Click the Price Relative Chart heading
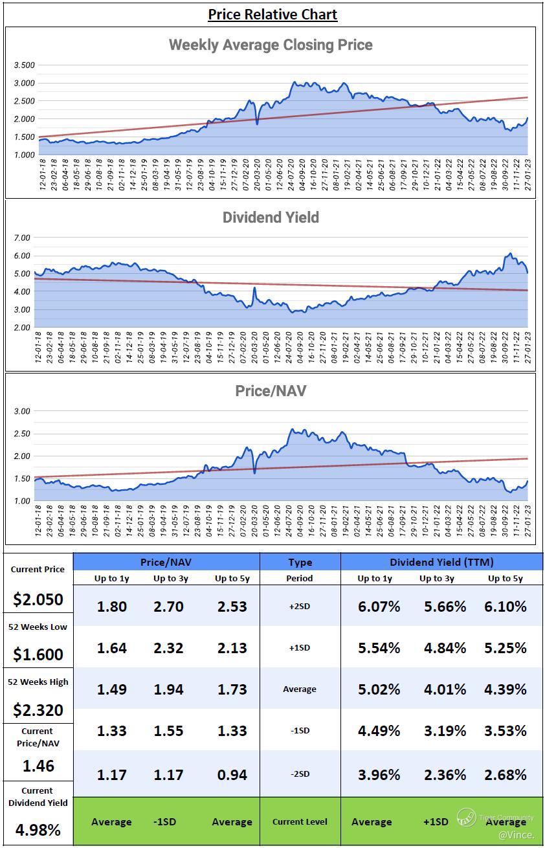(272, 14)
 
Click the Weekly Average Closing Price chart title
(271, 45)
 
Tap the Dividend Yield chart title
(271, 218)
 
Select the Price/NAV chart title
(271, 391)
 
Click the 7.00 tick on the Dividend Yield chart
(22, 238)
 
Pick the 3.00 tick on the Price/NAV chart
(22, 411)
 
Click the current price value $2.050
(38, 599)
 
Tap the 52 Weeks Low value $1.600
(38, 654)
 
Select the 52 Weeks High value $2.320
(38, 709)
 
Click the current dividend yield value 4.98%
(38, 829)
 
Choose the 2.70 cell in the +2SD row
(168, 607)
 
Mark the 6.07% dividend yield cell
(379, 607)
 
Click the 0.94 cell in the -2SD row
(231, 774)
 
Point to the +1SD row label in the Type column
(300, 647)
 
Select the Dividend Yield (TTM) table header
(441, 562)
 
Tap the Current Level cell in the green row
(300, 821)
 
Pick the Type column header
(300, 562)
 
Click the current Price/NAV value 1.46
(38, 766)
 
